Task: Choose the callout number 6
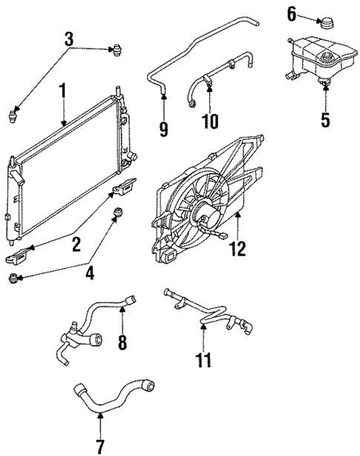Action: (292, 13)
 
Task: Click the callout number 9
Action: (163, 128)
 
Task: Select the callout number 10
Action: (212, 119)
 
